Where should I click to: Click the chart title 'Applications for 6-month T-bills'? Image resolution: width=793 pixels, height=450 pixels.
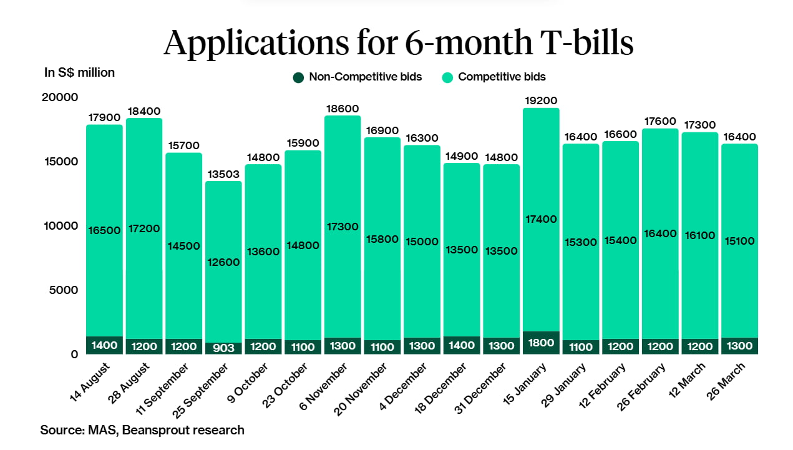[x=399, y=43]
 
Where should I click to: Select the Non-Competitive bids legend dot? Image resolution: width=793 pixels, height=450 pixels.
[x=298, y=77]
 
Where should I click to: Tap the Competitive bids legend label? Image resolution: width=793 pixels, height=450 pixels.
[x=502, y=77]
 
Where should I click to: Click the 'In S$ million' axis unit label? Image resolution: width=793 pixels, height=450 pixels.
[x=79, y=72]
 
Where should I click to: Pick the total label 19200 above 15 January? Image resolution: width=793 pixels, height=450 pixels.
[x=540, y=100]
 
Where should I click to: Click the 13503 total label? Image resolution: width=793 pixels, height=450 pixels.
[x=223, y=174]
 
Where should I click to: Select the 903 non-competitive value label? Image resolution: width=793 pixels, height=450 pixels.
[x=223, y=348]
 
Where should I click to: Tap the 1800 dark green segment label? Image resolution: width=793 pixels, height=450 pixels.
[x=540, y=342]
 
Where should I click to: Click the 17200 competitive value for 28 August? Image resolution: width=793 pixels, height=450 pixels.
[x=144, y=229]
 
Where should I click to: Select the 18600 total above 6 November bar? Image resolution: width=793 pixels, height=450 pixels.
[x=342, y=109]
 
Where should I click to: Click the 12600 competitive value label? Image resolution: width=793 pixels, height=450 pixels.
[x=223, y=262]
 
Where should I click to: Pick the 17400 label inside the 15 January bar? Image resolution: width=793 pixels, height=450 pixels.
[x=540, y=219]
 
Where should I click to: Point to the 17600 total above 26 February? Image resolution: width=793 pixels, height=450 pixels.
[x=659, y=121]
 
